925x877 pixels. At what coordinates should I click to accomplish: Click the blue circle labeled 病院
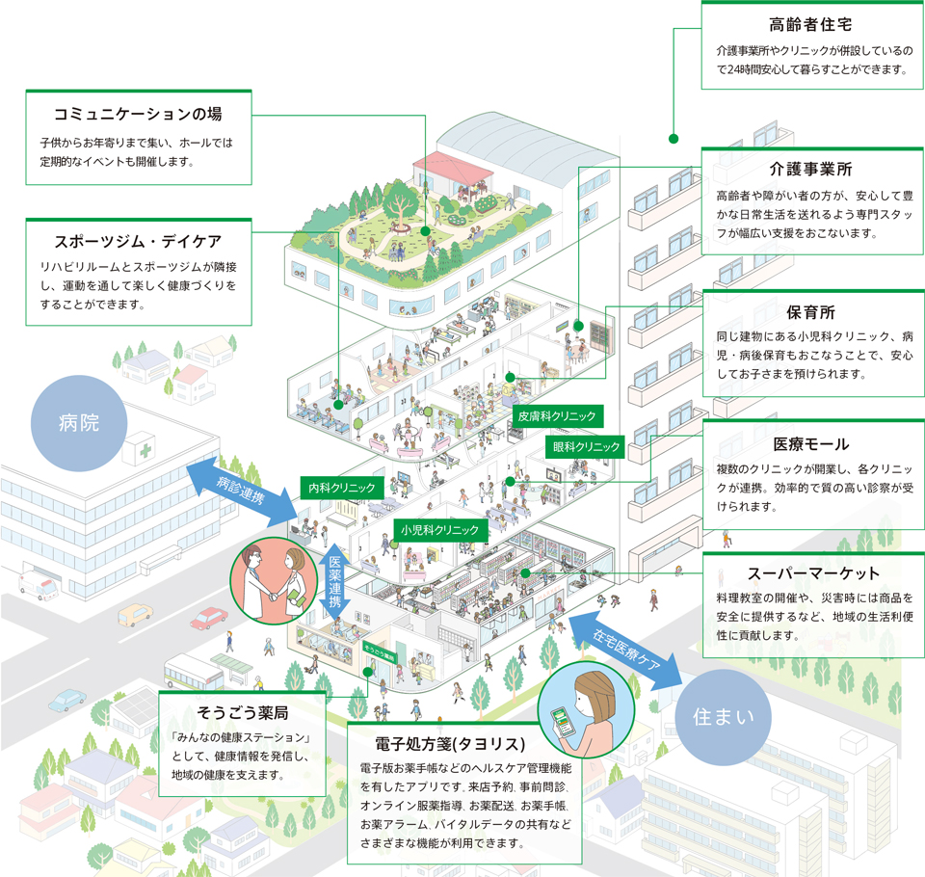pyautogui.click(x=79, y=421)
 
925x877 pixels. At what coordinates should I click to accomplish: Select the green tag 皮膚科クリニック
pyautogui.click(x=556, y=416)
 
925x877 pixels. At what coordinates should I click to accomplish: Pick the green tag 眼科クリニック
pyautogui.click(x=587, y=447)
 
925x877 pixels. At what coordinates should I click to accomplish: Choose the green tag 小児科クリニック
pyautogui.click(x=441, y=529)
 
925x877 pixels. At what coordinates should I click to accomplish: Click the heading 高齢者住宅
pyautogui.click(x=810, y=23)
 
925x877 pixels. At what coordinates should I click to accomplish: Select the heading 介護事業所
pyautogui.click(x=810, y=170)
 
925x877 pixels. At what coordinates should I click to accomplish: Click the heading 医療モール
pyautogui.click(x=810, y=444)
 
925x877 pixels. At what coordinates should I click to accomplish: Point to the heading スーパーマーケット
pyautogui.click(x=810, y=572)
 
